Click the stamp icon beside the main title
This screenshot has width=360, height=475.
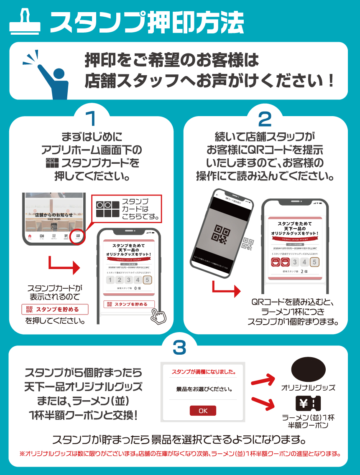click(24, 21)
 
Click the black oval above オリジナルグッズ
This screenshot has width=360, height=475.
click(308, 370)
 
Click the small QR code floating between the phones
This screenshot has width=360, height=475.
click(248, 244)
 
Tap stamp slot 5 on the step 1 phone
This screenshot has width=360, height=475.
click(147, 280)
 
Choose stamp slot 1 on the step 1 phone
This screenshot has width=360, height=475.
click(110, 280)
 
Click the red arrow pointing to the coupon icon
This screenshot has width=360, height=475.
click(262, 402)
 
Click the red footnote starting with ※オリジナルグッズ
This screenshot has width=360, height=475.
click(180, 453)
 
